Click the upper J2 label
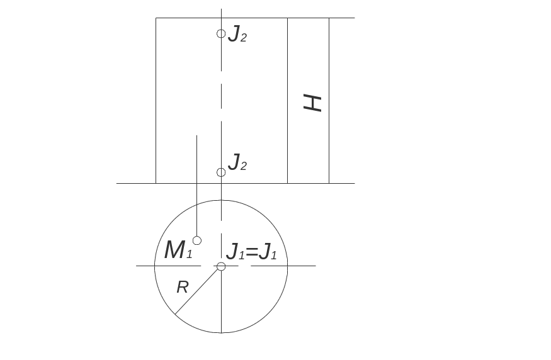[x=237, y=34]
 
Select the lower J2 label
[x=237, y=163]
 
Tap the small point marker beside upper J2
[x=221, y=33]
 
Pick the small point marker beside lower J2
[x=221, y=172]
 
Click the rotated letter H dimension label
[x=312, y=103]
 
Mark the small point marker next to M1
[x=197, y=240]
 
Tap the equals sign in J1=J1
[x=252, y=253]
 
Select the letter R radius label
[x=183, y=288]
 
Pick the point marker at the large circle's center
[x=221, y=266]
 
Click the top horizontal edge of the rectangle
[x=252, y=18]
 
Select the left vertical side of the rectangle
[x=156, y=101]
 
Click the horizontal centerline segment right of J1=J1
[x=283, y=266]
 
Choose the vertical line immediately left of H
[x=288, y=101]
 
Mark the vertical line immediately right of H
[x=329, y=101]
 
